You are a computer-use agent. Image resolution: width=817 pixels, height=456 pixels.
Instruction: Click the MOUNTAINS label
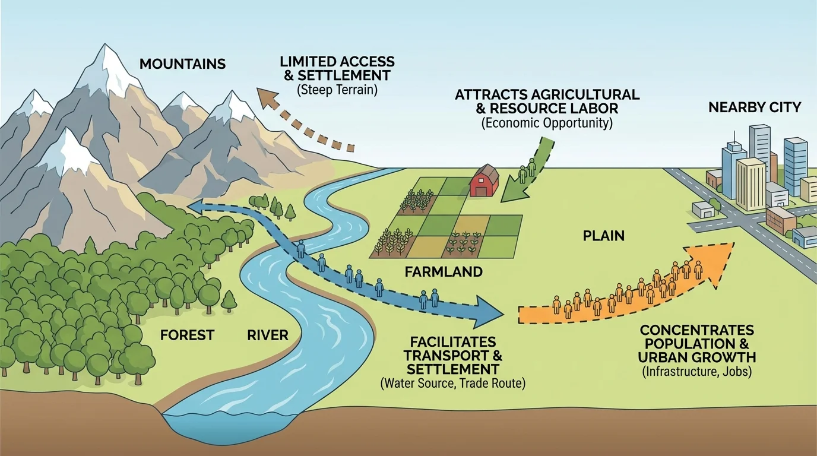coord(182,64)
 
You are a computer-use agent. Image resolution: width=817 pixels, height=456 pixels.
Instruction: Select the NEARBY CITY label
coord(755,107)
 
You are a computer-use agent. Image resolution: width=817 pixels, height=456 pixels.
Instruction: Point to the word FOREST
coord(187,335)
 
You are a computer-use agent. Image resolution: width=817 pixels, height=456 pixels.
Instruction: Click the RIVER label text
coord(268,335)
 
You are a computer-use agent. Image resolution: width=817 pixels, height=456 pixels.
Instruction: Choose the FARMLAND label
coord(444,273)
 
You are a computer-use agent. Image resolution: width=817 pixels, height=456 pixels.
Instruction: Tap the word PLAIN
coord(603,236)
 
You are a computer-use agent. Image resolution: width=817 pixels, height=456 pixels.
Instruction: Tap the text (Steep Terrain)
coord(337,90)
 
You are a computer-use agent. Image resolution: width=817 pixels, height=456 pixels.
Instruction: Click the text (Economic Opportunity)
coord(547,123)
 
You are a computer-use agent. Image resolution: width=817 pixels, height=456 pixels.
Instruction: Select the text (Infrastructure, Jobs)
coord(696,372)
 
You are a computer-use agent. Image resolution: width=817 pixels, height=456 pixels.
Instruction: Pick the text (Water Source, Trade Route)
coord(452,384)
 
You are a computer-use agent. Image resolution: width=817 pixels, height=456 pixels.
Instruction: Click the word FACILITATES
coord(453,343)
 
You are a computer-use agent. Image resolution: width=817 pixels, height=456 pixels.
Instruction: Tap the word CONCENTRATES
coord(696,330)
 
